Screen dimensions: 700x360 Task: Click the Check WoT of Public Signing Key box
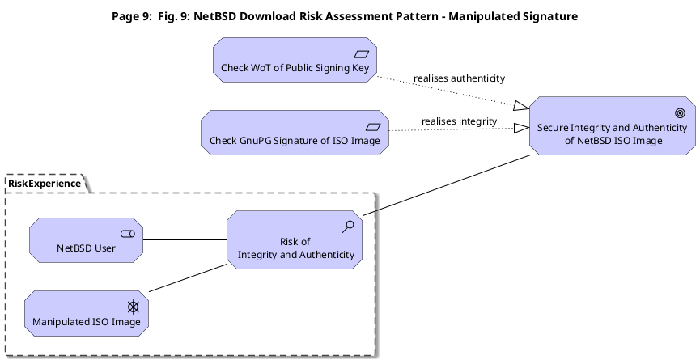[x=295, y=60]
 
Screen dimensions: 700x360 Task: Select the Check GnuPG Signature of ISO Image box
[x=295, y=133]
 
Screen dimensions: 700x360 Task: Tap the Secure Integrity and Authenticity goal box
[x=613, y=126]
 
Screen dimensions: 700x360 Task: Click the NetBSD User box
[x=86, y=240]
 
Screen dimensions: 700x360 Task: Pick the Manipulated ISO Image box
[x=87, y=313]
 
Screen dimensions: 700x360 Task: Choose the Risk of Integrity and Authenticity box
[x=295, y=240]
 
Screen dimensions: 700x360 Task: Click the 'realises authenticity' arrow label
[x=460, y=78]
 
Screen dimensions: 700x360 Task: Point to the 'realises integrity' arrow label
[x=460, y=121]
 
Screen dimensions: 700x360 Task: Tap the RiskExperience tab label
[x=45, y=184]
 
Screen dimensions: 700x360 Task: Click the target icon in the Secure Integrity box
[x=681, y=113]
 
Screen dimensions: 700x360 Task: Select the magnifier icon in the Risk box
[x=348, y=227]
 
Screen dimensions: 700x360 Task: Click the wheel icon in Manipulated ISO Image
[x=134, y=307]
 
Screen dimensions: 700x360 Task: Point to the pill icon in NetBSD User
[x=128, y=234]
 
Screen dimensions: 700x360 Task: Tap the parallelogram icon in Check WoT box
[x=362, y=54]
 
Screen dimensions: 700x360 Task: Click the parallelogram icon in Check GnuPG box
[x=373, y=127]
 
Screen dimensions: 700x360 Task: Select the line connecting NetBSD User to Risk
[x=185, y=240]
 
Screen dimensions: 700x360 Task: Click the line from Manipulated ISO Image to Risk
[x=188, y=278]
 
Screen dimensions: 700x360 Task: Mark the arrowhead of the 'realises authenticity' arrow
[x=521, y=106]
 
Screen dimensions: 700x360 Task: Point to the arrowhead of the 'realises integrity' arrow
[x=521, y=129]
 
